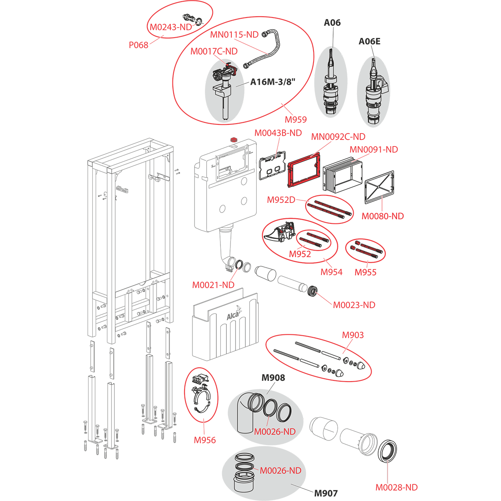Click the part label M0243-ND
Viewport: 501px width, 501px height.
click(x=170, y=28)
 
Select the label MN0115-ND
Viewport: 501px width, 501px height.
click(x=234, y=35)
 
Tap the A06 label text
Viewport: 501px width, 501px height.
click(x=332, y=23)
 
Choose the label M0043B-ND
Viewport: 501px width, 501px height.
click(x=278, y=133)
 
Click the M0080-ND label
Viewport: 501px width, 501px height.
click(x=382, y=216)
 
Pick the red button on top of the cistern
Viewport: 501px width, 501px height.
click(x=233, y=138)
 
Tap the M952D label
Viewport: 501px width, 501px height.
click(x=281, y=200)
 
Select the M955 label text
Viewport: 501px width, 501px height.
click(x=365, y=272)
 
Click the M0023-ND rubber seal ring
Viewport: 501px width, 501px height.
click(x=312, y=290)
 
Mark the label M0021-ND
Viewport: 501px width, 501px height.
click(x=213, y=285)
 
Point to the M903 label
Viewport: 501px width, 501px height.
click(x=353, y=335)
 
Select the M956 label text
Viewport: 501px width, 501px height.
click(x=205, y=440)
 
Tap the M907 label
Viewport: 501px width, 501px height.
click(x=326, y=493)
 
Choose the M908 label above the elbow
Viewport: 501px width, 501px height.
click(x=273, y=378)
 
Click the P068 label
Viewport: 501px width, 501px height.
click(x=139, y=45)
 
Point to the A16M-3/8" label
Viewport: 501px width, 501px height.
click(x=272, y=82)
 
